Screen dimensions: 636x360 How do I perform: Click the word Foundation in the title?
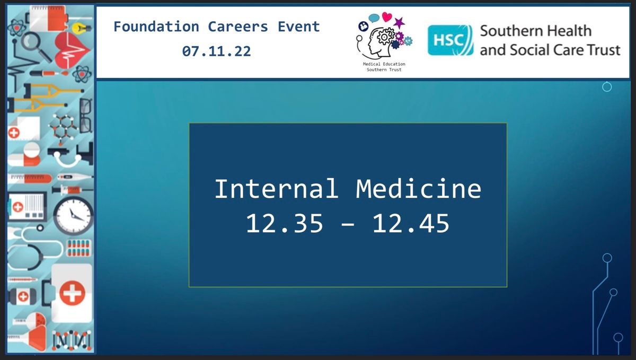tap(156, 27)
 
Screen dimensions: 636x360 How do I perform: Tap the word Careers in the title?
tap(238, 27)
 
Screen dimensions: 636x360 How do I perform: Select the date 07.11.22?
tap(216, 51)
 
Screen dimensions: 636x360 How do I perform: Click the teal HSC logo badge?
tap(450, 40)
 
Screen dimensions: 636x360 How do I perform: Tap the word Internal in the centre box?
tap(277, 189)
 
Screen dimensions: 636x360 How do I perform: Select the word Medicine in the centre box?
tap(419, 189)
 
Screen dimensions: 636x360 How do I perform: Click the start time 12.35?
tap(285, 223)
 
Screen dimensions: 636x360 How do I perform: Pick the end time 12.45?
tap(411, 223)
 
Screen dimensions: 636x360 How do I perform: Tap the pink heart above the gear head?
tap(387, 17)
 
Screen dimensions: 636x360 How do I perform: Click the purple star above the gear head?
tap(399, 23)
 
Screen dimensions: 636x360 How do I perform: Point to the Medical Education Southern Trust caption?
tap(384, 67)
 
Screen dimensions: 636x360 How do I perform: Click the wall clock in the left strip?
tap(73, 215)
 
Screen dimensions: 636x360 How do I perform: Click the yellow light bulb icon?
tap(81, 28)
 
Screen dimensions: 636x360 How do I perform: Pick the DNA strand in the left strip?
tap(71, 340)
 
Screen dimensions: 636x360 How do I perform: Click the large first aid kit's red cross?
tap(72, 293)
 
